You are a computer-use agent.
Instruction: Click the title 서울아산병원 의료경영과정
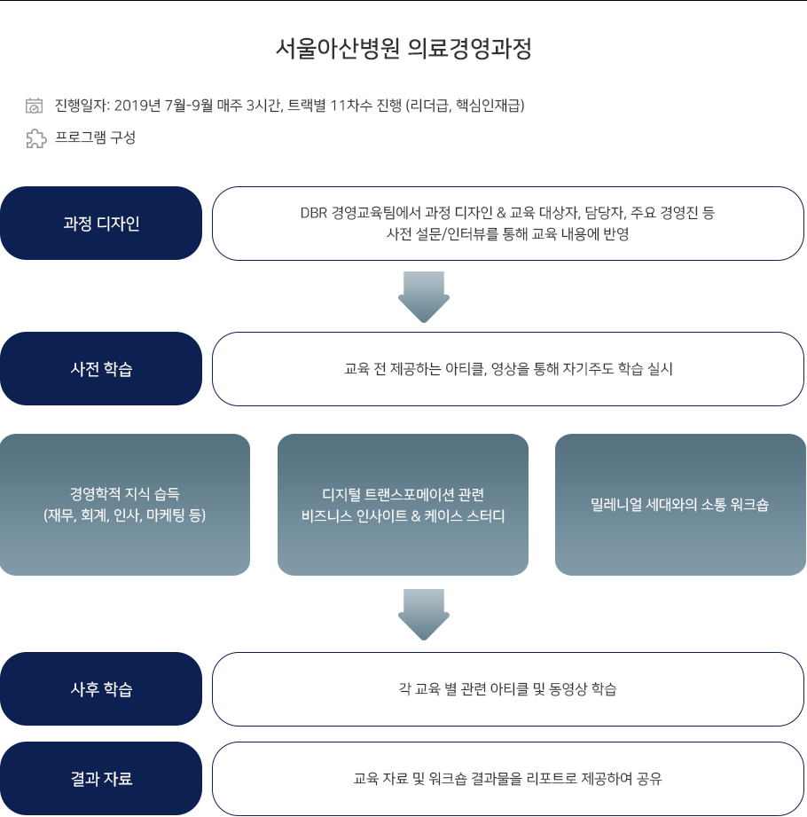pos(403,49)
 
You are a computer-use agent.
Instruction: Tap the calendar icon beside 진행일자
pos(35,106)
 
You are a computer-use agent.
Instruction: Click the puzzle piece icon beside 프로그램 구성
pos(36,138)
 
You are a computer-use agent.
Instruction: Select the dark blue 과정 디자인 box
pos(101,223)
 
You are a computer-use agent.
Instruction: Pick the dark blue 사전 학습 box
pos(101,368)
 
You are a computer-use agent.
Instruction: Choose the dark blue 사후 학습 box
pos(101,689)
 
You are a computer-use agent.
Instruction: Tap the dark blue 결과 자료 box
pos(101,779)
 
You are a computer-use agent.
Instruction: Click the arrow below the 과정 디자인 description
pos(424,297)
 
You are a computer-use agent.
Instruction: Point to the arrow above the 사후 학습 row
pos(424,615)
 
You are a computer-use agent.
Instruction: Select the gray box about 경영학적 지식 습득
pos(125,505)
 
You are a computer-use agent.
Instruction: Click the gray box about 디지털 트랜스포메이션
pos(403,505)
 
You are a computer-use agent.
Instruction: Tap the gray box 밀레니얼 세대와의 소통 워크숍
pos(680,505)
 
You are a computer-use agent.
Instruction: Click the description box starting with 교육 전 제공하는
pos(508,369)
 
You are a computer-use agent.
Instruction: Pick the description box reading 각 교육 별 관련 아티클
pos(508,689)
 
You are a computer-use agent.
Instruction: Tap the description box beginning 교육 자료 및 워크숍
pos(508,779)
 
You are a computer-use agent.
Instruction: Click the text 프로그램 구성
pos(96,137)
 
